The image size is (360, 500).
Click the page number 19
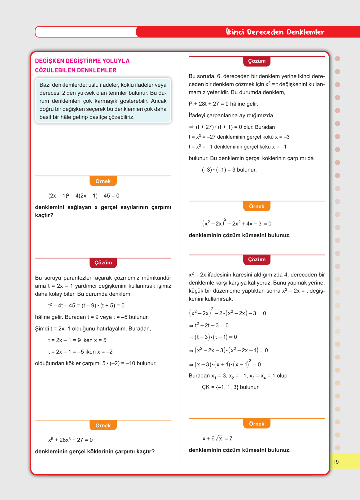tap(336, 462)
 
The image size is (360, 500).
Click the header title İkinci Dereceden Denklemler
tap(275, 32)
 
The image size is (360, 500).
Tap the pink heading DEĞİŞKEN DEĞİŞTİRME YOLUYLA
tap(82, 61)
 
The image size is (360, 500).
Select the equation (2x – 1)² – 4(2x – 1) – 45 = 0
tap(84, 196)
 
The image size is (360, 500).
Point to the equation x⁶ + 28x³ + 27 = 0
tap(70, 440)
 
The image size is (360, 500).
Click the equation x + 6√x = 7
tap(217, 438)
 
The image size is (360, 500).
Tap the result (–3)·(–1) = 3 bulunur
tap(229, 170)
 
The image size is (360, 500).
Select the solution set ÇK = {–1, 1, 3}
tap(230, 387)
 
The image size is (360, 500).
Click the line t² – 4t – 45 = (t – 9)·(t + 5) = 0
tap(86, 305)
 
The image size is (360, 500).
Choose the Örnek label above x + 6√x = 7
tap(257, 424)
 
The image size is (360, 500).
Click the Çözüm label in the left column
tap(103, 263)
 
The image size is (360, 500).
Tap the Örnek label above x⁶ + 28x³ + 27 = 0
tap(103, 425)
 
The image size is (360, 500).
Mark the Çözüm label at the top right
tap(257, 61)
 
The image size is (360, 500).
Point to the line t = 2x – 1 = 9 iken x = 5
tap(77, 340)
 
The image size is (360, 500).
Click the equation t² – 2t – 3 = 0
tap(209, 325)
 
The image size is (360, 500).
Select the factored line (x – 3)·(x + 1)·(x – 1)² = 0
tap(225, 364)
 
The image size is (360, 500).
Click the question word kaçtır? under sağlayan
tap(44, 215)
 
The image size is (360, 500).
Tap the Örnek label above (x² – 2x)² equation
tap(257, 206)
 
